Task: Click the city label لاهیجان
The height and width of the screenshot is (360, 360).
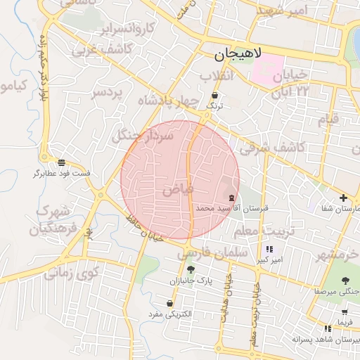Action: tap(237, 54)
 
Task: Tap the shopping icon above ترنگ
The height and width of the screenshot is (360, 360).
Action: tap(214, 94)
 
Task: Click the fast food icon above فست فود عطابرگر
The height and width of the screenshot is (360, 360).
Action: tap(62, 162)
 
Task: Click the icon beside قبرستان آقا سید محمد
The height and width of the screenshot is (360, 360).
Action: tap(232, 196)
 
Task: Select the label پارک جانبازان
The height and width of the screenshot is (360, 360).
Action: tap(189, 281)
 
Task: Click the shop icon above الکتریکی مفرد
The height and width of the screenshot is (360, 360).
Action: tap(169, 304)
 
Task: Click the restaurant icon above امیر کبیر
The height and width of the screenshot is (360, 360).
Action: tap(269, 249)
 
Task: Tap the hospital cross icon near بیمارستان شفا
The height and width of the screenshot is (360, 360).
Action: tap(343, 198)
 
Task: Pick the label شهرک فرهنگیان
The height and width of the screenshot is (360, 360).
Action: tap(53, 219)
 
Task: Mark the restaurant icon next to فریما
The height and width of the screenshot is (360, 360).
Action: tap(328, 328)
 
